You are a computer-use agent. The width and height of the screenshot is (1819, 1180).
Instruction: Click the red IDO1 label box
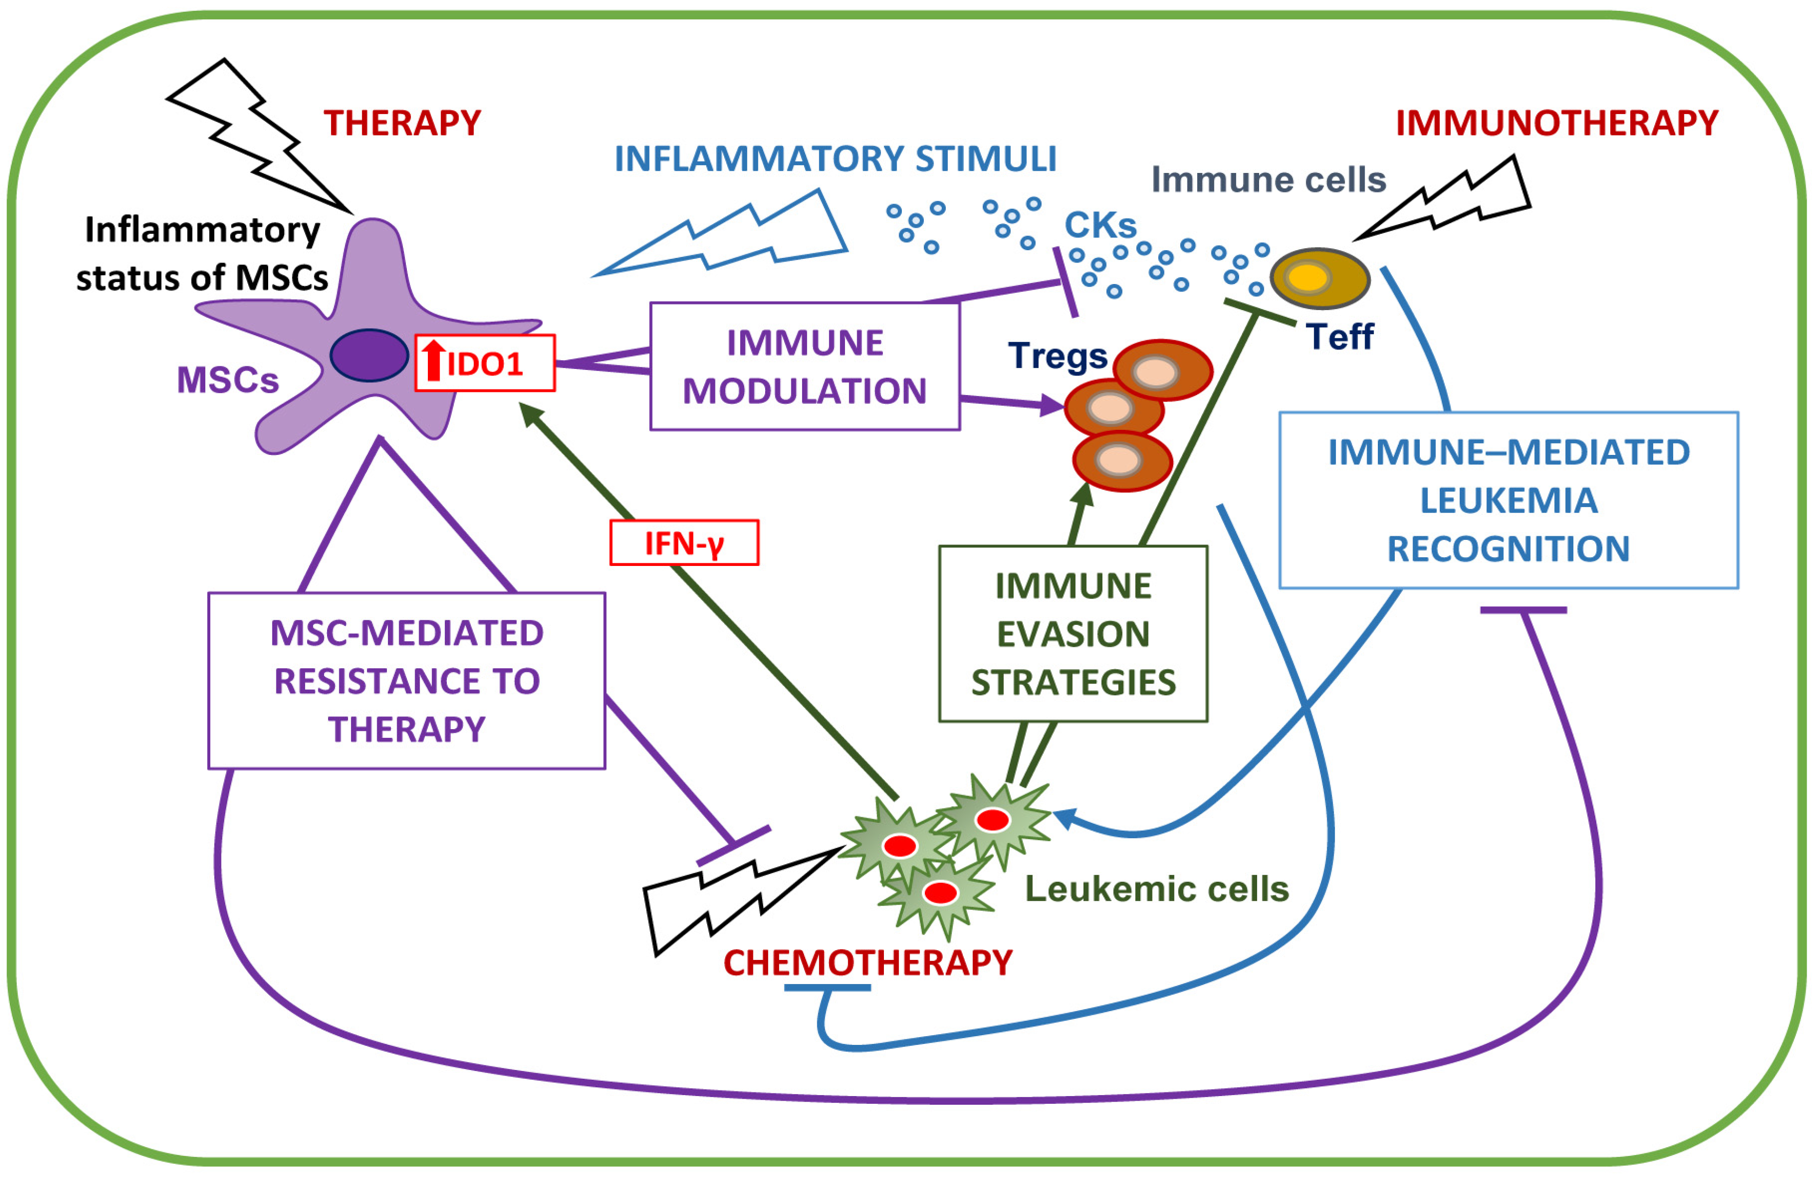(485, 364)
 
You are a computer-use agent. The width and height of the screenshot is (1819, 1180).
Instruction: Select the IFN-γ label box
(684, 542)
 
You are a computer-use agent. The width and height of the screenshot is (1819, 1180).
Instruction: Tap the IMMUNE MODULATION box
(804, 367)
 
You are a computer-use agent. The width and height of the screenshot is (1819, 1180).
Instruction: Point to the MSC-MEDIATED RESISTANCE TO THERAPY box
(406, 680)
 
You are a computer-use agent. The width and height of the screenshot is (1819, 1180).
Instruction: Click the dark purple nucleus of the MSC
(369, 355)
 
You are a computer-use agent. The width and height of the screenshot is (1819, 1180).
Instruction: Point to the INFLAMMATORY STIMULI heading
(835, 159)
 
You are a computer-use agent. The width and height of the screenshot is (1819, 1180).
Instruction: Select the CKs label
(1100, 225)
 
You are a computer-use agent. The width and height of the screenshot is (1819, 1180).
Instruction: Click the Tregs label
(1057, 355)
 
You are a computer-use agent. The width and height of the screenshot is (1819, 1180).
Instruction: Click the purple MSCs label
(228, 380)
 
